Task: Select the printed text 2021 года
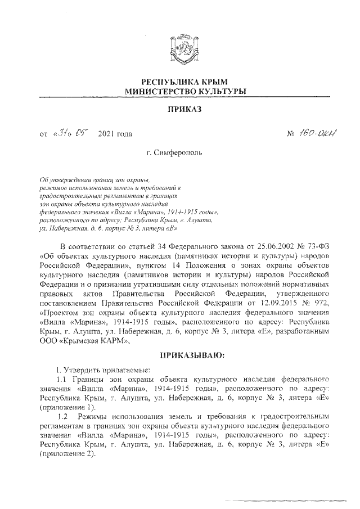click(115, 134)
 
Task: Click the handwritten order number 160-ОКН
click(313, 134)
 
